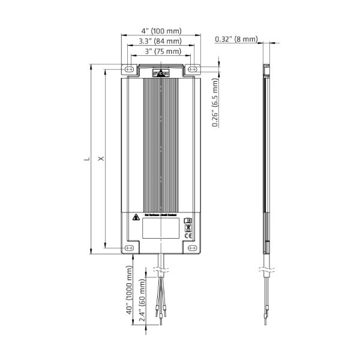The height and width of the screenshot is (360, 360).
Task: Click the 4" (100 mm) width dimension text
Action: (x=161, y=31)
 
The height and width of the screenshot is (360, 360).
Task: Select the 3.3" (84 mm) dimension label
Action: (x=160, y=41)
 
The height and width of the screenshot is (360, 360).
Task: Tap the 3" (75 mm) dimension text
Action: (x=160, y=52)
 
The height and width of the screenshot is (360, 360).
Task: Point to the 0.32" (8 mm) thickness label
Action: (x=236, y=40)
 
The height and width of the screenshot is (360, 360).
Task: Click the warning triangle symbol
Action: (x=136, y=217)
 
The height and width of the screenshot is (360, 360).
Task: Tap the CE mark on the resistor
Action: (x=187, y=236)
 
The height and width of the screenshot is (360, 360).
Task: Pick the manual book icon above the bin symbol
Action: (x=187, y=220)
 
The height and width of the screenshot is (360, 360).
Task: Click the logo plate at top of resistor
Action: (x=161, y=74)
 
